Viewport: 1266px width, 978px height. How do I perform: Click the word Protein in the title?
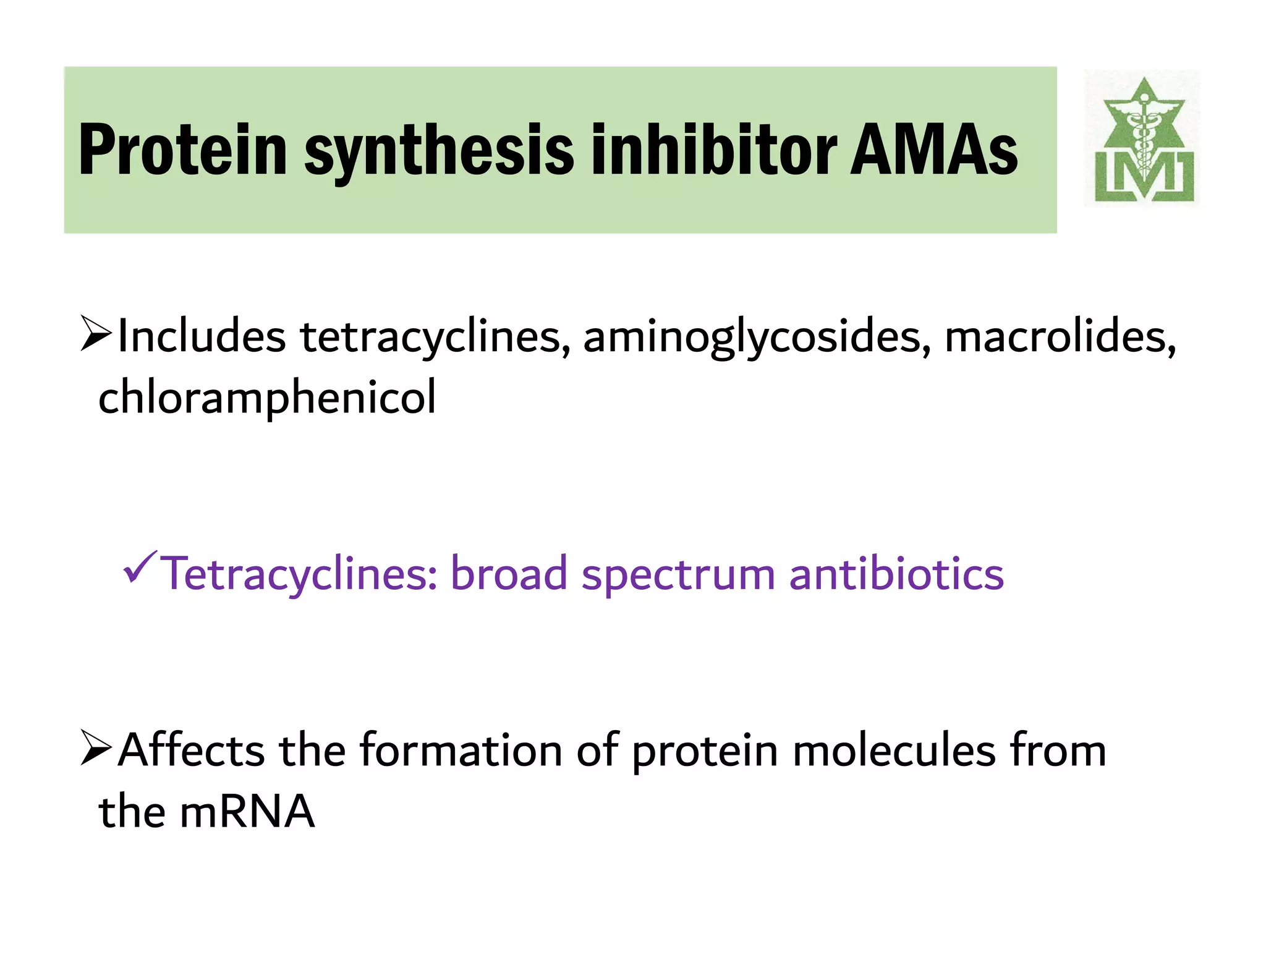[183, 150]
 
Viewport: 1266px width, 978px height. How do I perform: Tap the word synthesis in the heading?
[439, 150]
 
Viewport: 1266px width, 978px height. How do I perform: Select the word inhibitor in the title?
[714, 150]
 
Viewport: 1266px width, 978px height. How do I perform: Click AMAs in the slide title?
[933, 150]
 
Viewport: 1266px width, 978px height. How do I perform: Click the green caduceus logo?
[1143, 140]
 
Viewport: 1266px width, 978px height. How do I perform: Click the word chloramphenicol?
[267, 398]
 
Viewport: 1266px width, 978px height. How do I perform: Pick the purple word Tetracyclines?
[299, 574]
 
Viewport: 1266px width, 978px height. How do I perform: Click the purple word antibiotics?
[896, 574]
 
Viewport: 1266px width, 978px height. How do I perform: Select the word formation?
[461, 750]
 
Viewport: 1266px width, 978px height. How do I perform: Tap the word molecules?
[894, 750]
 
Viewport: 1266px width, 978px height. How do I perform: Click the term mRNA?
[247, 811]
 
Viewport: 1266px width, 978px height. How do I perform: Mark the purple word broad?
[509, 574]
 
